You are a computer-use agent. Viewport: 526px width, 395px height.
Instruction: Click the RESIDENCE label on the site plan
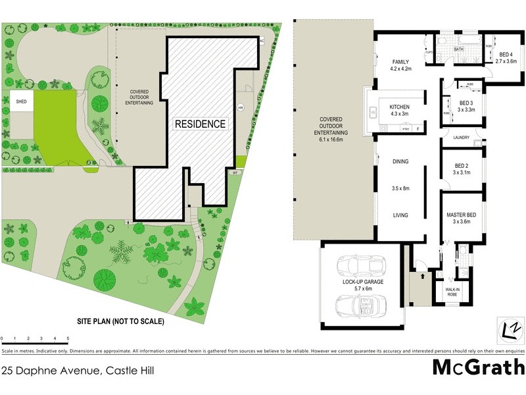pyautogui.click(x=201, y=124)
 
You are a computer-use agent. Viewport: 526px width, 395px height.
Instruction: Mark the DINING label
pyautogui.click(x=401, y=161)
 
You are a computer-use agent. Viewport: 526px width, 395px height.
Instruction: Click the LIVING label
pyautogui.click(x=401, y=215)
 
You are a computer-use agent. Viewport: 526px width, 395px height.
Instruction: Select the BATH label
pyautogui.click(x=459, y=49)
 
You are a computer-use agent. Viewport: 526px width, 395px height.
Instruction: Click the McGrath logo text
pyautogui.click(x=478, y=367)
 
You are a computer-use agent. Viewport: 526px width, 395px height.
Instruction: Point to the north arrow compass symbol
pyautogui.click(x=510, y=328)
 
